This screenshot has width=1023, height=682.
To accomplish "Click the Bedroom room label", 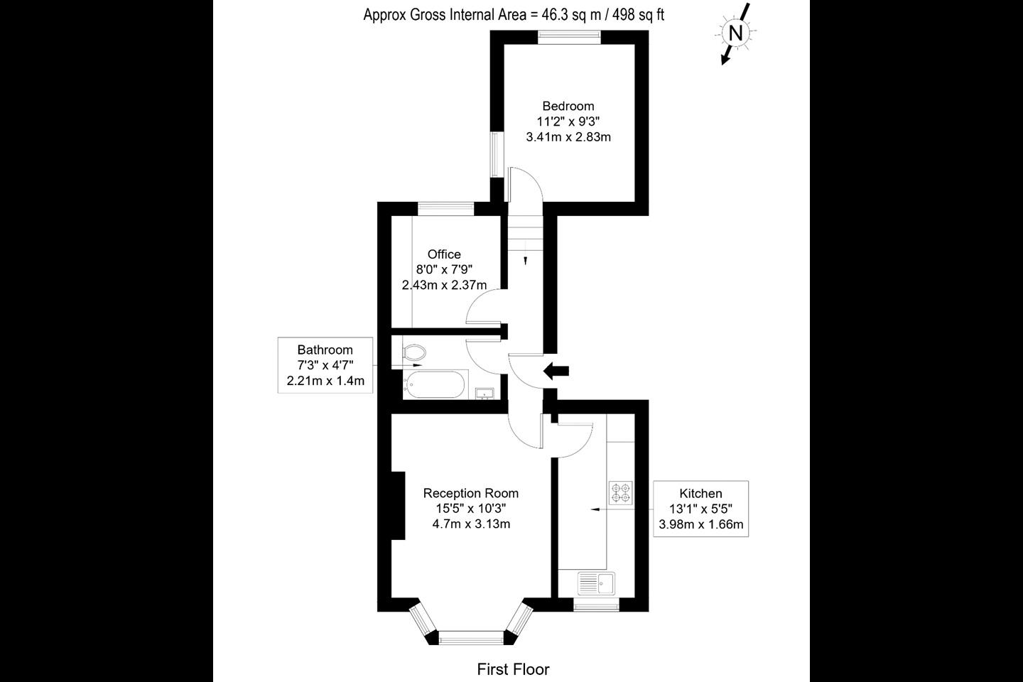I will [568, 106].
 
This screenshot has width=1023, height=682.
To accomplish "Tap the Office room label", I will [444, 254].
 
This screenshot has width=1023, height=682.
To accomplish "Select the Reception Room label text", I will [471, 493].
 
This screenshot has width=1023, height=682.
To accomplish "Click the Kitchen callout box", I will [700, 509].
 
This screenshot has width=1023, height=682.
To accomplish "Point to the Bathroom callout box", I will [325, 365].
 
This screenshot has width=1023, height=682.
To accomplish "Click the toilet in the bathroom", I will [413, 352].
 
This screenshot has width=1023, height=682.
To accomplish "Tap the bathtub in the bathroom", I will [434, 386].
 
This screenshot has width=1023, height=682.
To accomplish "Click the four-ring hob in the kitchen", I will [621, 492].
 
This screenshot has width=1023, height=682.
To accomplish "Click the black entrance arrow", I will [556, 370].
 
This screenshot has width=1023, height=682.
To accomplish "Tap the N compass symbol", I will [736, 33].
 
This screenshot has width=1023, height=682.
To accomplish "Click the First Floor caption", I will [513, 669].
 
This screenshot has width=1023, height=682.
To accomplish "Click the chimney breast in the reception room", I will [398, 505].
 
